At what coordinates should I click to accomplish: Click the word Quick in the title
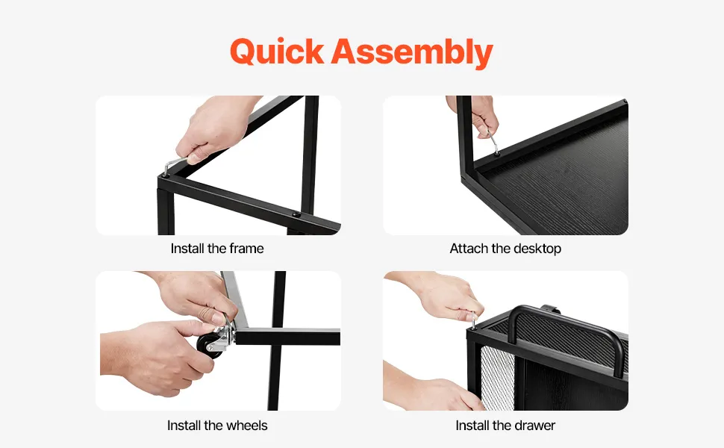pos(277,52)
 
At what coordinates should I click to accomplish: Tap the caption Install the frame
pos(217,249)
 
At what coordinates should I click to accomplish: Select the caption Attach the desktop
pos(505,249)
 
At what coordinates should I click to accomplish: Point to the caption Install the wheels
pos(217,426)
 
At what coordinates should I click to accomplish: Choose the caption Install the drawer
pos(505,426)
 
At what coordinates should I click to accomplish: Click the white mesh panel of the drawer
pos(497,379)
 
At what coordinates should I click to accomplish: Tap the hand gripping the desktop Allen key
pos(475,116)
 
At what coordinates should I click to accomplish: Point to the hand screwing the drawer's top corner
pos(439,296)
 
